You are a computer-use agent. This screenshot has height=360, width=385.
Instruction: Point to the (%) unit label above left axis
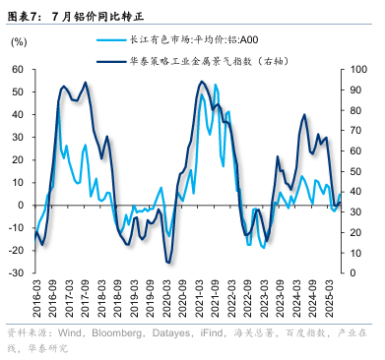(20, 43)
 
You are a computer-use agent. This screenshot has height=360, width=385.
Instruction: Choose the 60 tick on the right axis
(357, 150)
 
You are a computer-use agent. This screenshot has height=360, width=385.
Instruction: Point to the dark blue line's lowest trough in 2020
(169, 262)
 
